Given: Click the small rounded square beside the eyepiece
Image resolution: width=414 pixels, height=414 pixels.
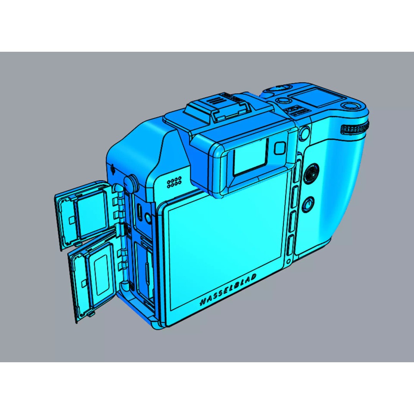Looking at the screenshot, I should pyautogui.click(x=280, y=148).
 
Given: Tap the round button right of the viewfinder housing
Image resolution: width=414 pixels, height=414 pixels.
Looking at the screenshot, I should pyautogui.click(x=304, y=133).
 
